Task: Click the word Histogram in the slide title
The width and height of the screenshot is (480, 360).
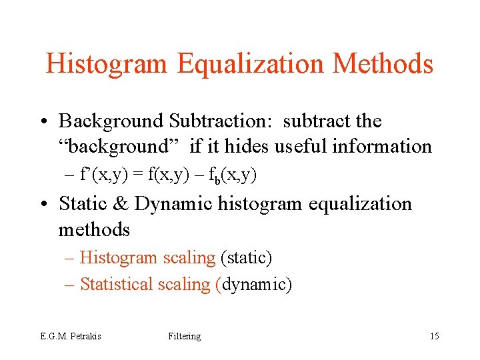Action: (107, 64)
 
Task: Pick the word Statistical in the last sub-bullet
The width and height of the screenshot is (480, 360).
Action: (117, 284)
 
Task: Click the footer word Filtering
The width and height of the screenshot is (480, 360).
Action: (185, 336)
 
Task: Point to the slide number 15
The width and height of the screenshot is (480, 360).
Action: (434, 336)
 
